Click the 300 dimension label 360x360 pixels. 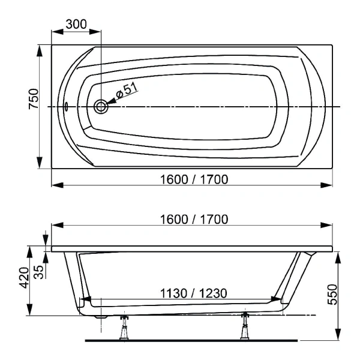(x=76, y=24)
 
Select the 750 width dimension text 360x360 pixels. (x=34, y=99)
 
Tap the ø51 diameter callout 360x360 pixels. (x=127, y=91)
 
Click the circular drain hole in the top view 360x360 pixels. (x=101, y=107)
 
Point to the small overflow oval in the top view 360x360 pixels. (x=67, y=107)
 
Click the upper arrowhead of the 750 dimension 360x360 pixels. (x=40, y=50)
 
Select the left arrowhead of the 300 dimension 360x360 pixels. (x=55, y=31)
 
